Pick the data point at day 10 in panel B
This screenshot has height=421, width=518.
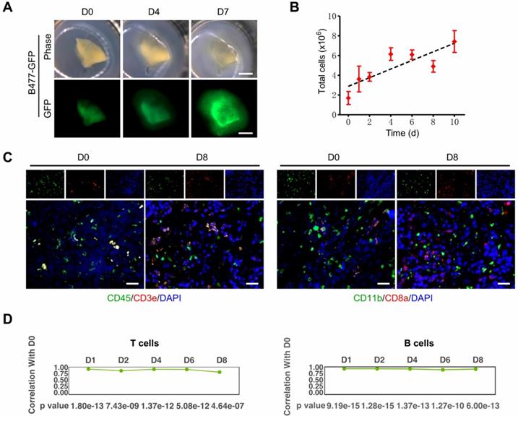(x=454, y=41)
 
